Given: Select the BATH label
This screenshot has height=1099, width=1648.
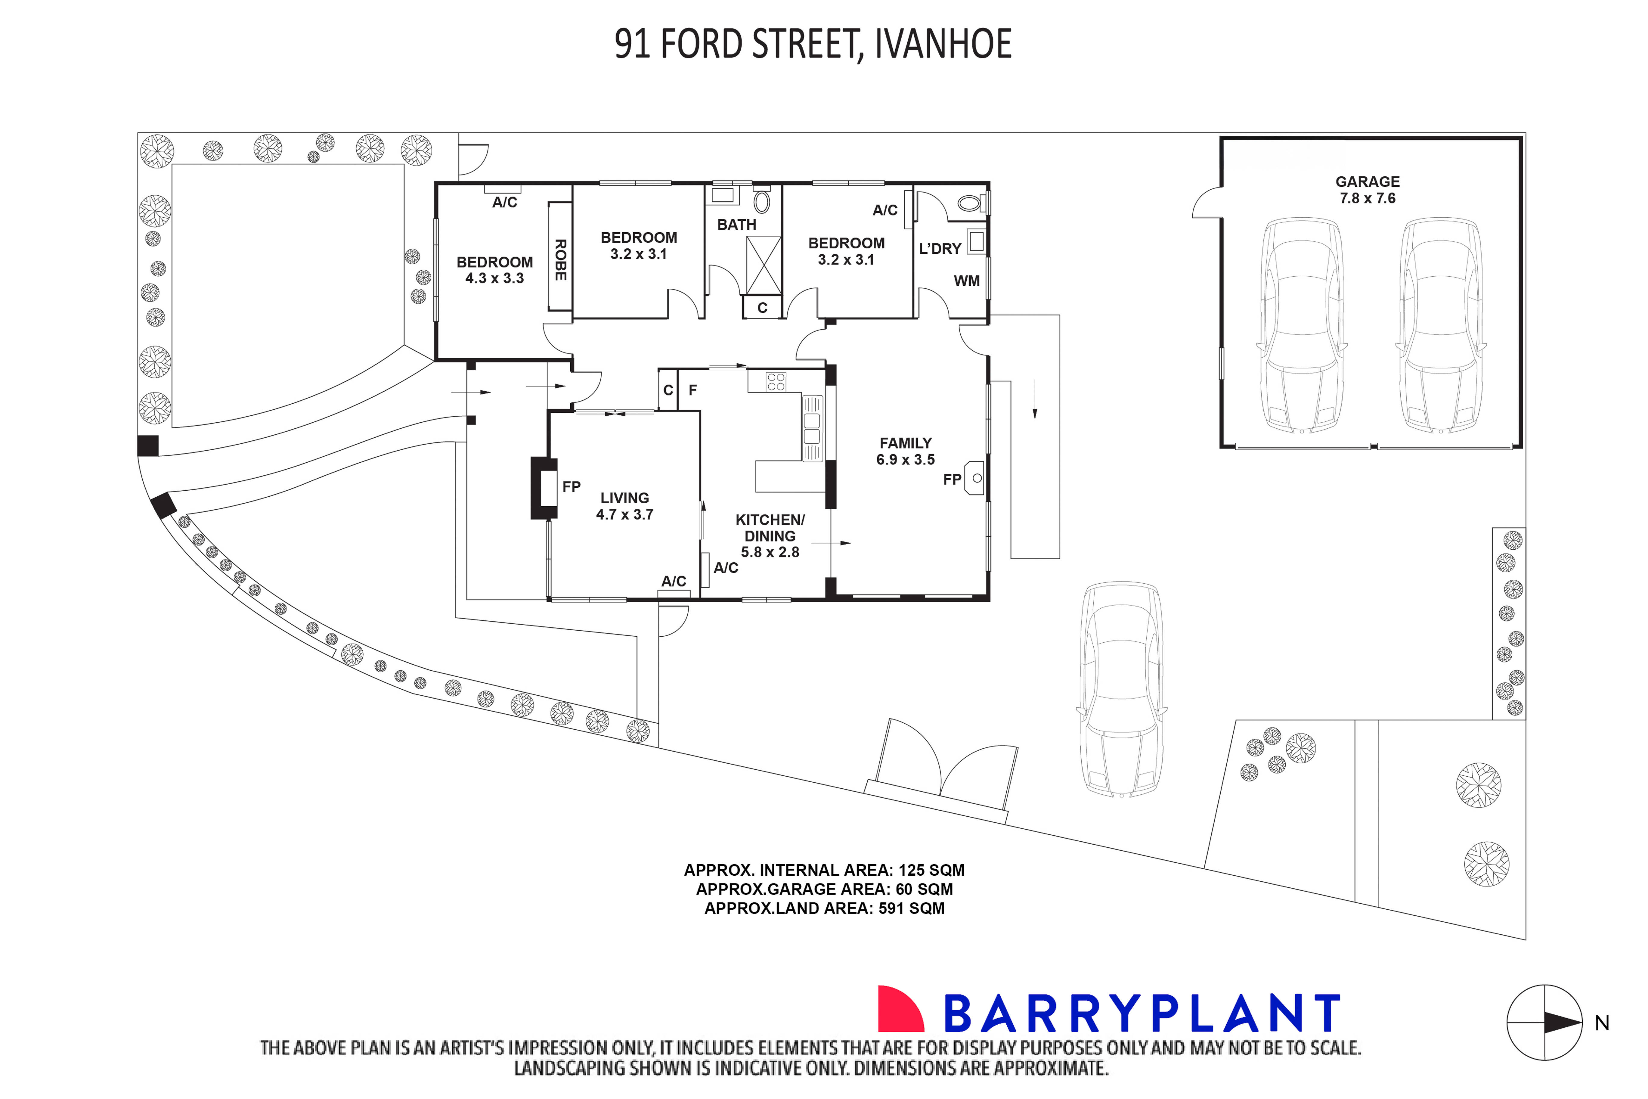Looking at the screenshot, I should [736, 225].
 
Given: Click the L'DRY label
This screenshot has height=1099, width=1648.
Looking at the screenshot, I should [940, 249].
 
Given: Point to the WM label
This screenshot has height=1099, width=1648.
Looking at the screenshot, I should [966, 281].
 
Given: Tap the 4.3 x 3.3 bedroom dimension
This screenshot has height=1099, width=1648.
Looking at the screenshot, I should [495, 278].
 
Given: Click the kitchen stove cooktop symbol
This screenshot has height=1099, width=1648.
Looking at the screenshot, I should [776, 382].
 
